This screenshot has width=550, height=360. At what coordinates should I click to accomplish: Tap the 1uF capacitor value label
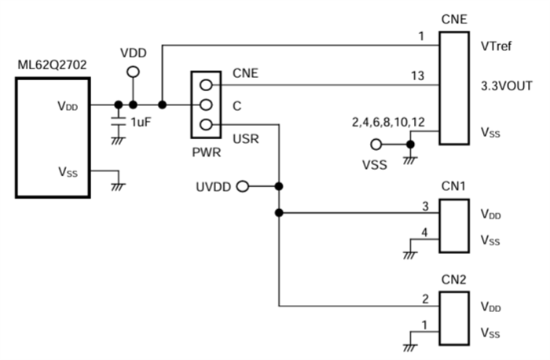(140, 122)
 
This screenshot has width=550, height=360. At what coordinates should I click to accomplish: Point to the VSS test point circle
(376, 145)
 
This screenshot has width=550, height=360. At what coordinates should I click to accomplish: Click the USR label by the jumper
(245, 141)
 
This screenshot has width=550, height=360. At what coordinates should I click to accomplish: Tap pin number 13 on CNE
(417, 75)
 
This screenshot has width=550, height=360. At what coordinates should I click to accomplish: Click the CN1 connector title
(454, 187)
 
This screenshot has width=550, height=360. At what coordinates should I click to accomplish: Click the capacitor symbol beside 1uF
(118, 122)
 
